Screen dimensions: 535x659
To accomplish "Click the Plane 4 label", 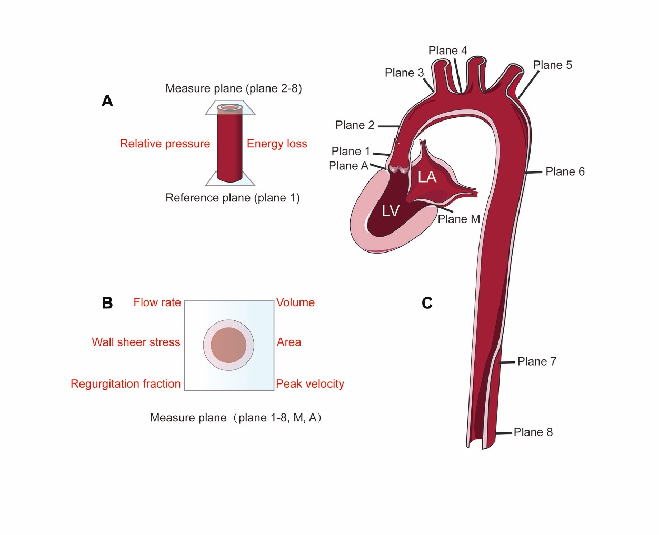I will [x=447, y=51].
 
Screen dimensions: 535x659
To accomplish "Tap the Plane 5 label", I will [x=552, y=65].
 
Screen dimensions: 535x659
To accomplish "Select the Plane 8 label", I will [x=533, y=432].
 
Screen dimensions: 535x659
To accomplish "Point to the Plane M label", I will [x=458, y=219].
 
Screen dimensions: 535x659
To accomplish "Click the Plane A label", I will [x=348, y=166].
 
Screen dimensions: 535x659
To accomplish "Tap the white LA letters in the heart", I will [x=427, y=177].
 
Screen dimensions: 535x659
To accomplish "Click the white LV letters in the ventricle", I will [x=391, y=211].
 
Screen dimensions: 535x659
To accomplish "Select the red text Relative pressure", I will [x=165, y=144].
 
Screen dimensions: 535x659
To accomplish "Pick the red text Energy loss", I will [x=277, y=144].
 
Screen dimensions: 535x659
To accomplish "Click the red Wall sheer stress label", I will [x=136, y=342].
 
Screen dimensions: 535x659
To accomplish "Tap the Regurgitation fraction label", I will [x=125, y=384].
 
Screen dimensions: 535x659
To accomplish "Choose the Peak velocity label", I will [x=310, y=384].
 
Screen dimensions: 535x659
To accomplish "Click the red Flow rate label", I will [x=157, y=302].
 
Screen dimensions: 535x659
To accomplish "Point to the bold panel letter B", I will [x=107, y=303].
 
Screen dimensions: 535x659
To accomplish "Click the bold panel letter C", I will [x=427, y=303].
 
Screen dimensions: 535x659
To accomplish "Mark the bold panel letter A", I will [x=107, y=100].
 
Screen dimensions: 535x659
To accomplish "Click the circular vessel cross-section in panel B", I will [x=228, y=345].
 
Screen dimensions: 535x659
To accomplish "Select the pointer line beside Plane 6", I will [x=533, y=172].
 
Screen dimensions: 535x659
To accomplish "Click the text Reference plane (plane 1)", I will [x=233, y=198].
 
